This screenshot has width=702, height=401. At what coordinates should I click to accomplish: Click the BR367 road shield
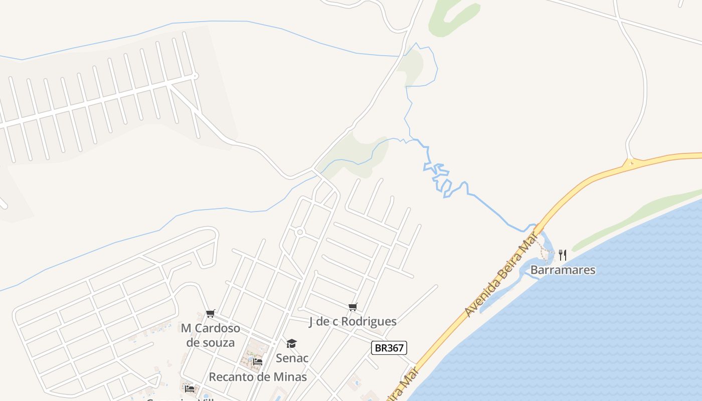pos(389,348)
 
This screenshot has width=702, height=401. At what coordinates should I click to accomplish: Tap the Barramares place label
pos(563,270)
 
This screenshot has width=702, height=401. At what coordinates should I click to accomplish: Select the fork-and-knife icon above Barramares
pos(562,255)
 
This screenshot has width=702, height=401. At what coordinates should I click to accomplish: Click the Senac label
pos(292,358)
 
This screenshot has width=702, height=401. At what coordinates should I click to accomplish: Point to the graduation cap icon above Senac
pos(291,343)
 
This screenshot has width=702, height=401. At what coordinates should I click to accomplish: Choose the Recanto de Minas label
pos(258,377)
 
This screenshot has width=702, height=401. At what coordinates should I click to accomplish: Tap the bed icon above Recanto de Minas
pos(258,361)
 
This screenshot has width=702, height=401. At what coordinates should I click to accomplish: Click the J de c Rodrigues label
pos(353,322)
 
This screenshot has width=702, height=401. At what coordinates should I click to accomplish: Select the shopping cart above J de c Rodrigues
pos(353,307)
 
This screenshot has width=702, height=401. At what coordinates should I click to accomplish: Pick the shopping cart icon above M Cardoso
pos(211,314)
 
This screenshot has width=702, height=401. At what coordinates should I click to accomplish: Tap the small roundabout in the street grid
pos(300,232)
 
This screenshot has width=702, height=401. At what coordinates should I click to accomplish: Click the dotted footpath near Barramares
pos(545,248)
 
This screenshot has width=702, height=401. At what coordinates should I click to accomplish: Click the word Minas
pos(290,377)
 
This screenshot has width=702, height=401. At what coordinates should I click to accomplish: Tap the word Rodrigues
pos(372,322)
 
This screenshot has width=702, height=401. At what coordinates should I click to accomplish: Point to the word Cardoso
pos(217,329)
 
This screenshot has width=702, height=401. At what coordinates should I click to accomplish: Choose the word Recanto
pos(228,377)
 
